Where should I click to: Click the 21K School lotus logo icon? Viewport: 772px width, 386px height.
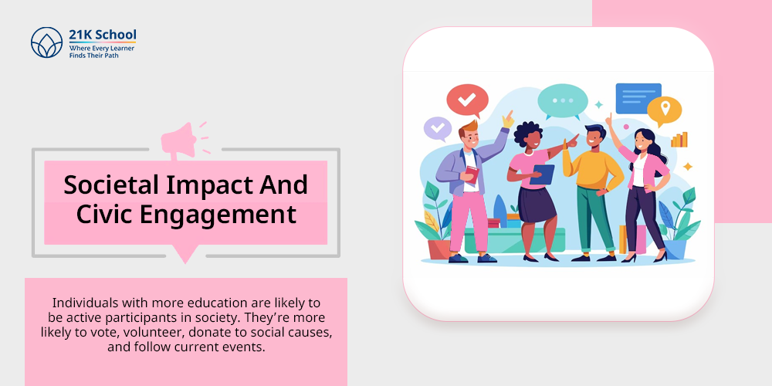(x=47, y=42)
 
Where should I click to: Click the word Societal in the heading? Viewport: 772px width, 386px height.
(x=111, y=185)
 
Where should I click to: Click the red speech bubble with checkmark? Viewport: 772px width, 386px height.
(x=467, y=100)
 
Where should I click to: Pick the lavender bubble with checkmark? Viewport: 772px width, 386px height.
(x=438, y=128)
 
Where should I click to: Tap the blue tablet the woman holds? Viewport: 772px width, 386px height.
(x=542, y=174)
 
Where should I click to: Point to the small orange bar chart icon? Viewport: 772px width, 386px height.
(x=679, y=140)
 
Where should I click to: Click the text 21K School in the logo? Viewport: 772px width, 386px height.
(x=103, y=35)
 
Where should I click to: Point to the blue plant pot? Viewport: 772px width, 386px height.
(x=675, y=249)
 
